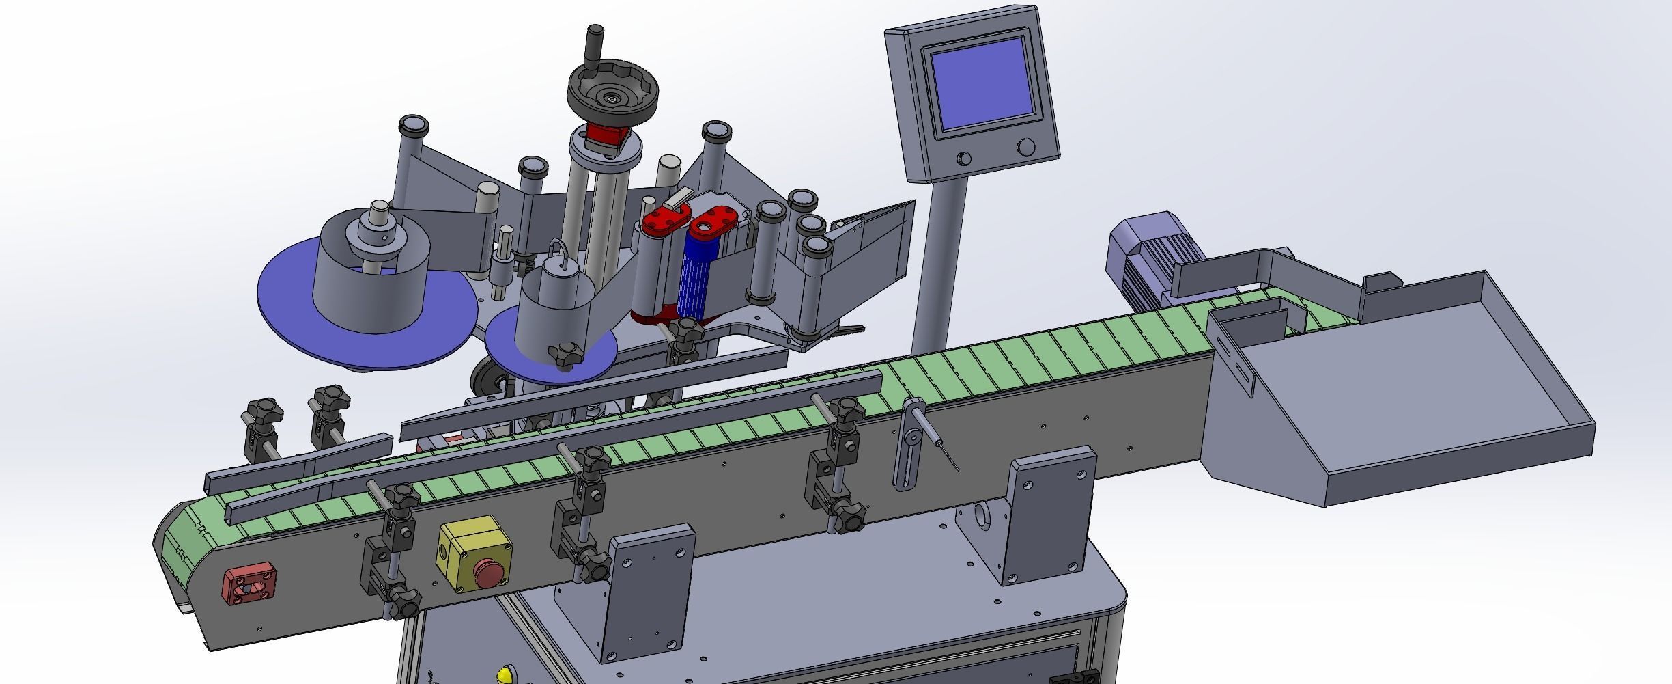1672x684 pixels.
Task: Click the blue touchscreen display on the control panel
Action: coord(982,85)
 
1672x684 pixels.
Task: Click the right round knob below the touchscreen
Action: coord(1025,148)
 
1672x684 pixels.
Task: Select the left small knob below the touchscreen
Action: coord(963,160)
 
